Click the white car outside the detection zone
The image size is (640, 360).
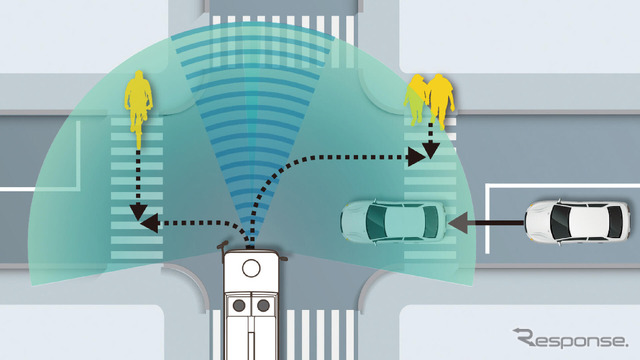577,222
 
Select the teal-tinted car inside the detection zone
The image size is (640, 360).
393,221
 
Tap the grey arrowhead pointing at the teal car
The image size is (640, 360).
458,223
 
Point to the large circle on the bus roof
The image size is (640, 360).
251,269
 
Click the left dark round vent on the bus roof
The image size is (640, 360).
239,305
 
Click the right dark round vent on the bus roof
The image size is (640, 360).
263,305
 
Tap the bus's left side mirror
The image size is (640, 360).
222,246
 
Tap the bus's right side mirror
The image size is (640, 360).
284,258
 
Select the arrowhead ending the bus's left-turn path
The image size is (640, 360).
149,223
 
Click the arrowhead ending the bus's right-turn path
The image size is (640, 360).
417,157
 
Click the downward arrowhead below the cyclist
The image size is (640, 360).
138,212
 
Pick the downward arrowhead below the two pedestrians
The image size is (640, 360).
431,151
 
